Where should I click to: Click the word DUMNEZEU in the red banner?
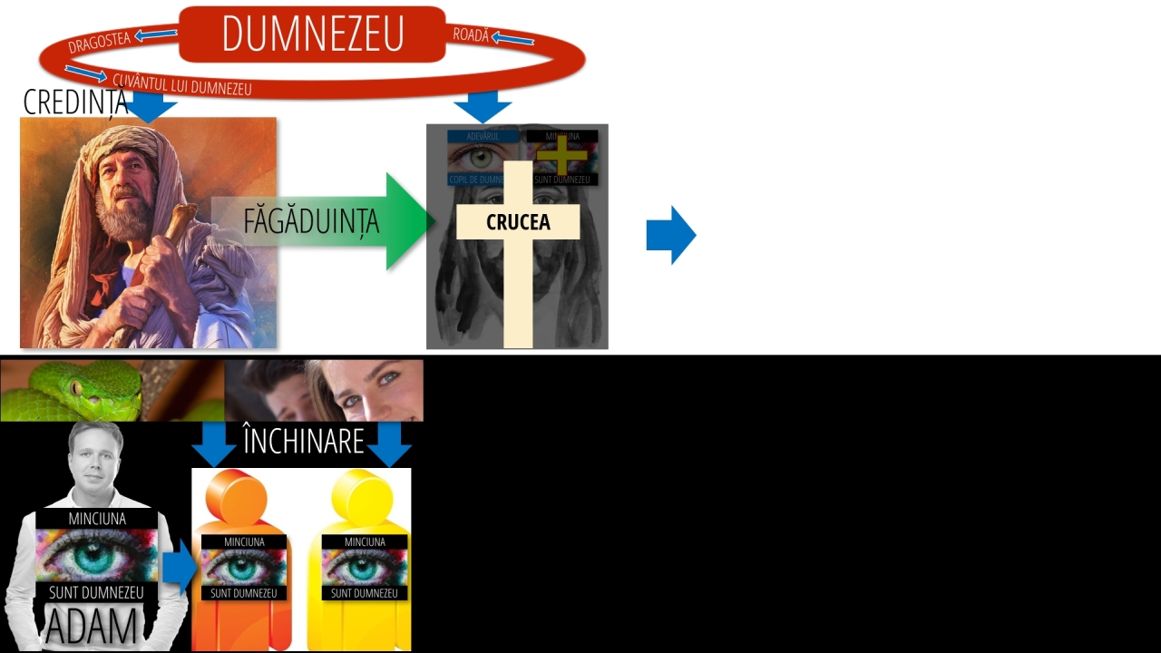(312, 34)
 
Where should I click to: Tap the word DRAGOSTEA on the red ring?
(99, 42)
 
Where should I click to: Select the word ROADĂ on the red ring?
(471, 35)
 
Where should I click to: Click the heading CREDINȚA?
(74, 102)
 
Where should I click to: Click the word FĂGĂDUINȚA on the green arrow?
(310, 221)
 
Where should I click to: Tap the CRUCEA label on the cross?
(518, 222)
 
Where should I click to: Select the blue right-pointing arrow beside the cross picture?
(670, 235)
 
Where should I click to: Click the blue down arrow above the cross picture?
(483, 105)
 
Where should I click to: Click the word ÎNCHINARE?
(303, 441)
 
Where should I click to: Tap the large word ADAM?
(92, 627)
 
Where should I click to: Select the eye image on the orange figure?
(243, 567)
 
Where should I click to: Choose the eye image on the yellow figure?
(364, 567)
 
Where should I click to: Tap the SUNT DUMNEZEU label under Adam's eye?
(96, 592)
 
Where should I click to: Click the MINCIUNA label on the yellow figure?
(365, 541)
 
